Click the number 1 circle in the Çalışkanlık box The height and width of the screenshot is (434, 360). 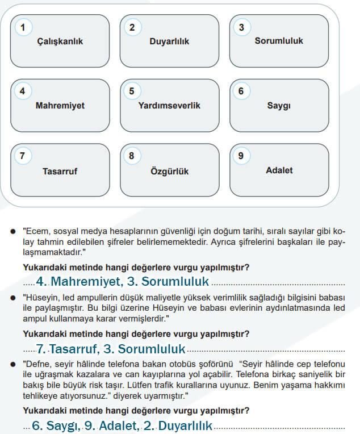[x=23, y=27]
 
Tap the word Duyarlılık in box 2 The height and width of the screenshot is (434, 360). [x=169, y=41]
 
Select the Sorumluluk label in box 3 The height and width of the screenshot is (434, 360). [x=279, y=41]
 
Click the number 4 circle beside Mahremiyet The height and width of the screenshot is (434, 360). [x=23, y=91]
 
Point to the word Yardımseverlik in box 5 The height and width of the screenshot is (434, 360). [x=169, y=106]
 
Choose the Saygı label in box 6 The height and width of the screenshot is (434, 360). [x=279, y=106]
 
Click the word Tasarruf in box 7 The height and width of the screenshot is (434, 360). [x=60, y=170]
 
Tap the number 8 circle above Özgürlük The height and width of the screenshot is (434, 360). [x=132, y=155]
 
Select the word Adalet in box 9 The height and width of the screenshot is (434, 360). [x=279, y=170]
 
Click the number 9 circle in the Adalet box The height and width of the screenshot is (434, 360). [x=241, y=155]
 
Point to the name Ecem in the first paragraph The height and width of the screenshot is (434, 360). [x=36, y=231]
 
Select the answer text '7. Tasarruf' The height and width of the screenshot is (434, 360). [x=62, y=349]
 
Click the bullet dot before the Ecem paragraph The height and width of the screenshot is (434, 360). [x=13, y=231]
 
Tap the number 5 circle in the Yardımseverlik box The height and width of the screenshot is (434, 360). [x=132, y=91]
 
